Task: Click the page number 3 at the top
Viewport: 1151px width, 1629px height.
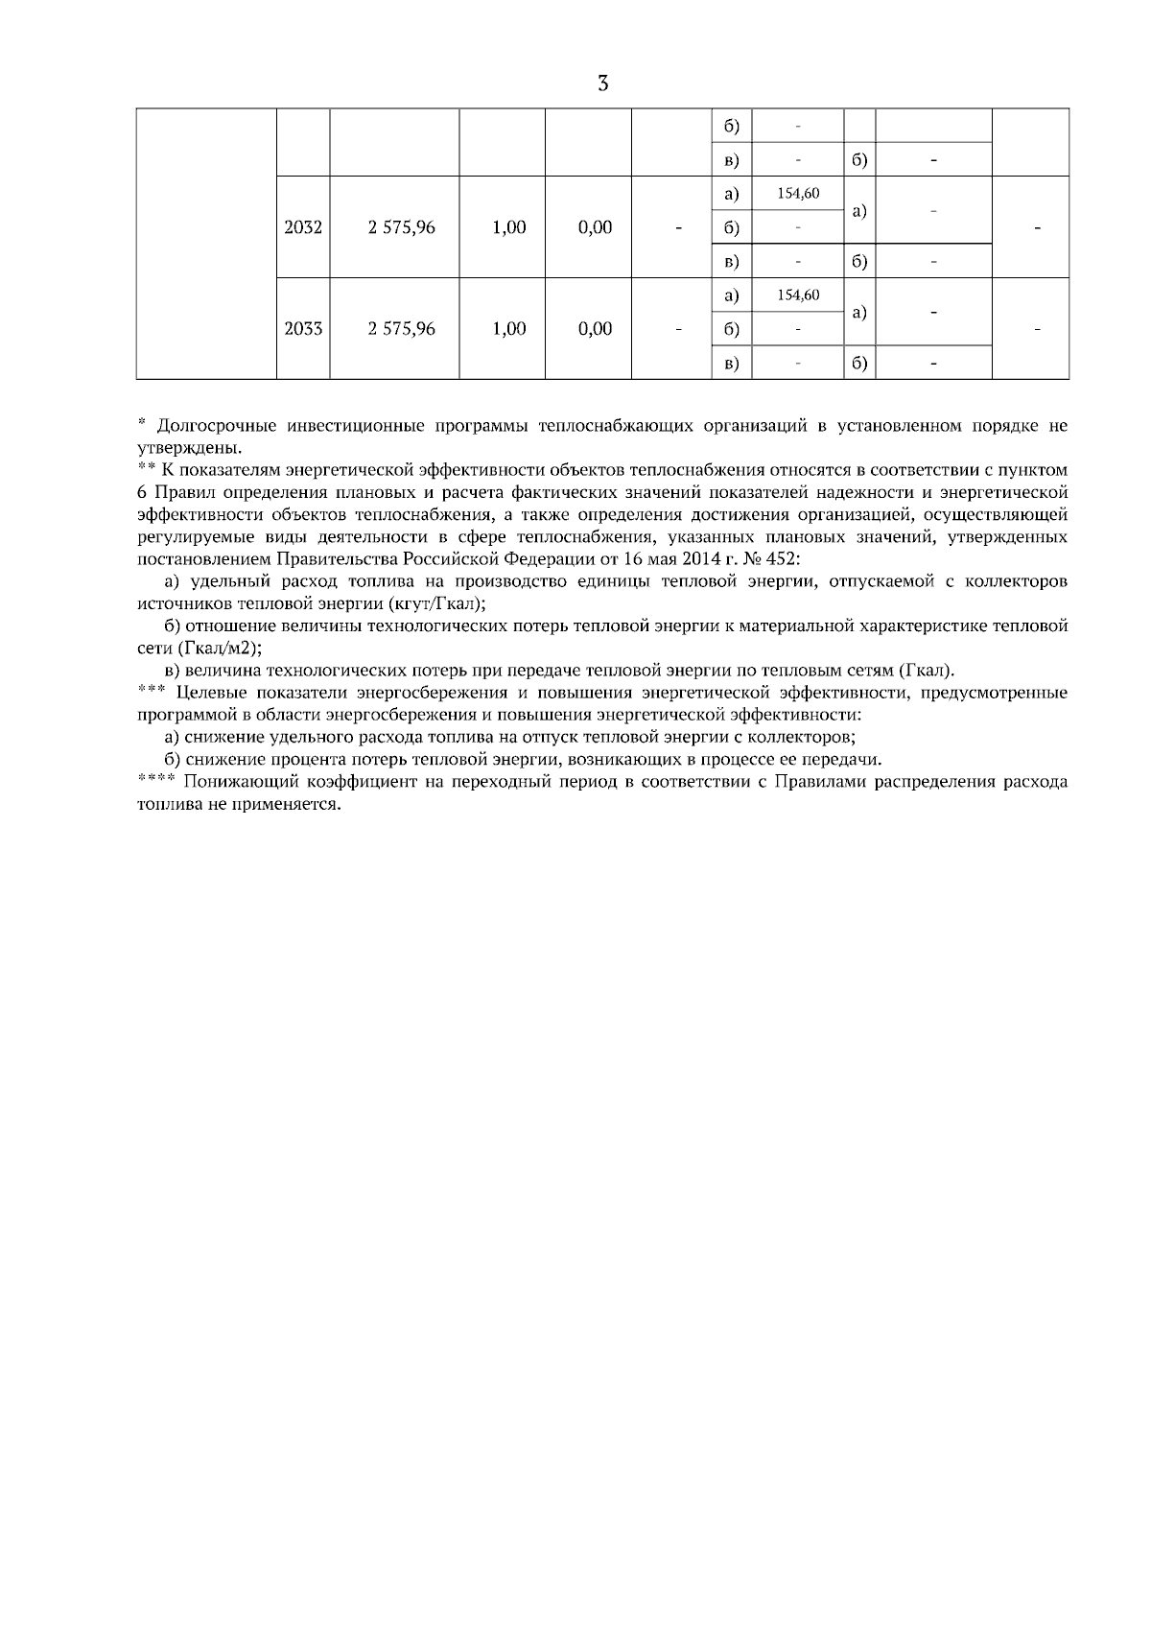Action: pyautogui.click(x=602, y=83)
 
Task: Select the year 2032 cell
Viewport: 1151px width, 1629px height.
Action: pyautogui.click(x=303, y=227)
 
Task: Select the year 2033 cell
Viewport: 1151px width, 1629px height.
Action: pyautogui.click(x=303, y=329)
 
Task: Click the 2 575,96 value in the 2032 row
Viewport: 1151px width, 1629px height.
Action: pyautogui.click(x=402, y=227)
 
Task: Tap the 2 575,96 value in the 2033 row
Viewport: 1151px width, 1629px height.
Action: pyautogui.click(x=402, y=329)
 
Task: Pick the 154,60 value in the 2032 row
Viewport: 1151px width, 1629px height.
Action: pyautogui.click(x=798, y=194)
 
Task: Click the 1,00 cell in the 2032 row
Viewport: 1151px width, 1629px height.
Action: pyautogui.click(x=508, y=227)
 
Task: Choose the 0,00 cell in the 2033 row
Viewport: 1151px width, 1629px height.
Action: pyautogui.click(x=596, y=329)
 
